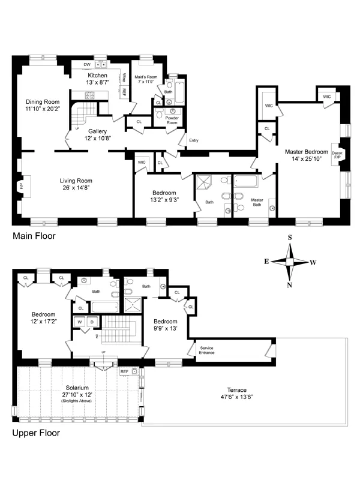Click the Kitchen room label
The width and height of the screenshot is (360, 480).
(97, 75)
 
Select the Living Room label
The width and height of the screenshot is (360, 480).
(74, 180)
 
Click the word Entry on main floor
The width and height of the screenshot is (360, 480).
(193, 140)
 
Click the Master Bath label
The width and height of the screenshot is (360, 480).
(257, 203)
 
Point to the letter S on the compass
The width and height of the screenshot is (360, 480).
(289, 238)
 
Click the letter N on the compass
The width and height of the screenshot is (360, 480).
(289, 285)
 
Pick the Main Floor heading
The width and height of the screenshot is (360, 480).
(34, 236)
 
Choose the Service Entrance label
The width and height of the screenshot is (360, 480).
(207, 350)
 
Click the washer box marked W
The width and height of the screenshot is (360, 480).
(79, 322)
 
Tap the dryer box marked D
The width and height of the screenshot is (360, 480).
(91, 322)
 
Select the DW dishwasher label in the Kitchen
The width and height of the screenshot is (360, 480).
(87, 64)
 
